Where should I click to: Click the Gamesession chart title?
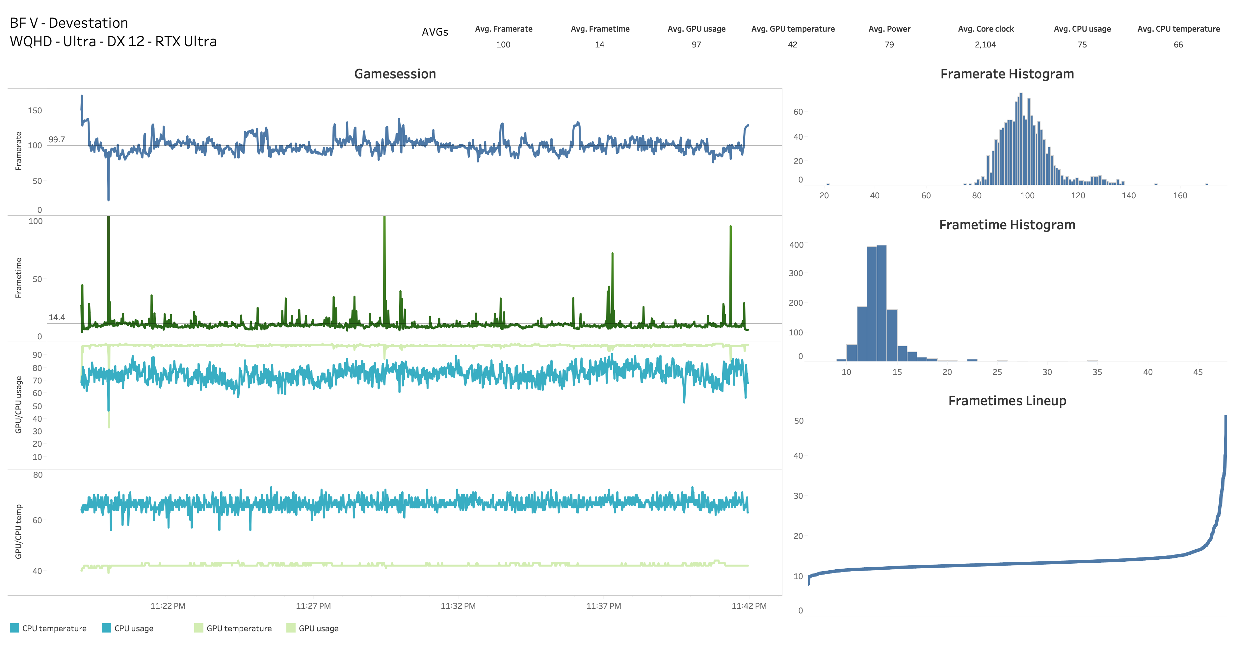(395, 74)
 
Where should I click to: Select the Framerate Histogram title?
(1007, 74)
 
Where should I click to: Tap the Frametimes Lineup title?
(1007, 401)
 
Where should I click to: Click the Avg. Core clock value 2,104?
(985, 44)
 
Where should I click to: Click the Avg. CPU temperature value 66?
(1178, 44)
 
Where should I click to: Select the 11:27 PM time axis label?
(313, 606)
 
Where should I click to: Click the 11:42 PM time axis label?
(749, 606)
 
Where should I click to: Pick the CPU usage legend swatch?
(106, 628)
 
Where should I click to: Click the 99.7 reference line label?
(57, 140)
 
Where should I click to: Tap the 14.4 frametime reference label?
(57, 318)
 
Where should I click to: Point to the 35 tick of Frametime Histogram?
(1097, 372)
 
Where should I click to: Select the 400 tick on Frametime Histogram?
(796, 245)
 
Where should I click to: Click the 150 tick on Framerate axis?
(35, 110)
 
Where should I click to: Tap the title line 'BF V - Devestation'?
(69, 23)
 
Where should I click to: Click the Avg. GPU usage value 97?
(696, 44)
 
